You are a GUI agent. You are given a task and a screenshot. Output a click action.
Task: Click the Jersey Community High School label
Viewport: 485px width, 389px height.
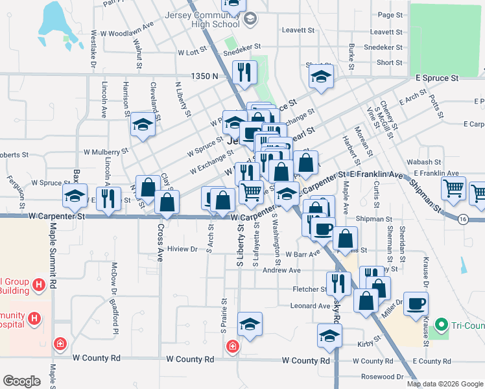217,19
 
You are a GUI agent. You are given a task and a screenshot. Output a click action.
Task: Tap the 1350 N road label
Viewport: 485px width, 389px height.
204,77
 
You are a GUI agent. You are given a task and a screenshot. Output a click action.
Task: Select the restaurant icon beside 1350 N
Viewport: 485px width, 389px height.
244,74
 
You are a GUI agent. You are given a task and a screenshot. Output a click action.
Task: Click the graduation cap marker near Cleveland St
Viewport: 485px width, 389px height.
143,126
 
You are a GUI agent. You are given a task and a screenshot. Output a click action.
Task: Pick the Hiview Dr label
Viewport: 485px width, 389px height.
182,248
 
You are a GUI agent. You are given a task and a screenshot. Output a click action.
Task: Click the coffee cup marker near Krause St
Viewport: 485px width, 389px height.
416,303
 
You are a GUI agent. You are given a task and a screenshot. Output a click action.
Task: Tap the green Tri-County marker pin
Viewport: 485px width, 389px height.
442,324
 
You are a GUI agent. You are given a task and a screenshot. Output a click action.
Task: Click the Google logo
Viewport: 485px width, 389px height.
21,381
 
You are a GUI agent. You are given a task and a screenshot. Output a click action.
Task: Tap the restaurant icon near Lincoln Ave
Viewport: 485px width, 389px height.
109,196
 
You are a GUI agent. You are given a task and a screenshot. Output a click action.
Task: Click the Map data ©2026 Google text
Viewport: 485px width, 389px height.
444,384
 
